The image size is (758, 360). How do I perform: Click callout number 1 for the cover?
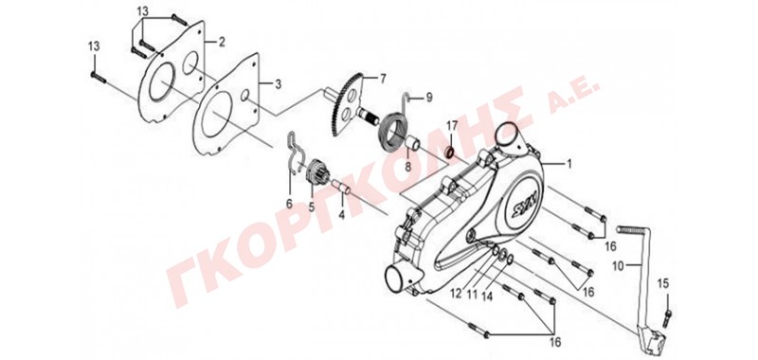pyautogui.click(x=568, y=164)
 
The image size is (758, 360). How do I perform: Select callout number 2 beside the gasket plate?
pyautogui.click(x=222, y=42)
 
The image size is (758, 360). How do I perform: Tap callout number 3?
pyautogui.click(x=277, y=84)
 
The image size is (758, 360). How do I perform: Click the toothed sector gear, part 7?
pyautogui.click(x=346, y=106)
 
